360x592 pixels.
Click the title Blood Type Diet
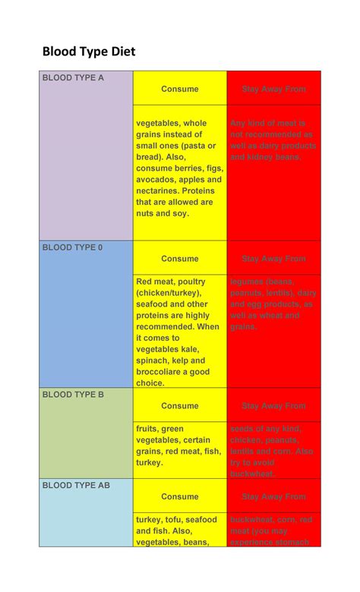click(88, 52)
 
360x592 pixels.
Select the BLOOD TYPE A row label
click(73, 77)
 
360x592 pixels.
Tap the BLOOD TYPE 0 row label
click(72, 247)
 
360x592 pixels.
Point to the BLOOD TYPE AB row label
click(76, 485)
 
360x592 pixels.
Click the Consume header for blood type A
click(180, 89)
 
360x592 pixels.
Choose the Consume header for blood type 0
click(180, 259)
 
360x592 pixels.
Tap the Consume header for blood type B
click(180, 406)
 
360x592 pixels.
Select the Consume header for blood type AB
click(180, 496)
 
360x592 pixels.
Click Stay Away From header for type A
click(274, 89)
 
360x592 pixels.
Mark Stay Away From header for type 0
click(274, 259)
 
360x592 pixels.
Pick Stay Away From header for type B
click(274, 406)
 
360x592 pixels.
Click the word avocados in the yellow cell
click(157, 180)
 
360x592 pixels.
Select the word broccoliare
click(163, 372)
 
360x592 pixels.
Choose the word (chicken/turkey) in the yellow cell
click(169, 293)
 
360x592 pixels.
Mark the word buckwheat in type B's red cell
click(252, 474)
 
